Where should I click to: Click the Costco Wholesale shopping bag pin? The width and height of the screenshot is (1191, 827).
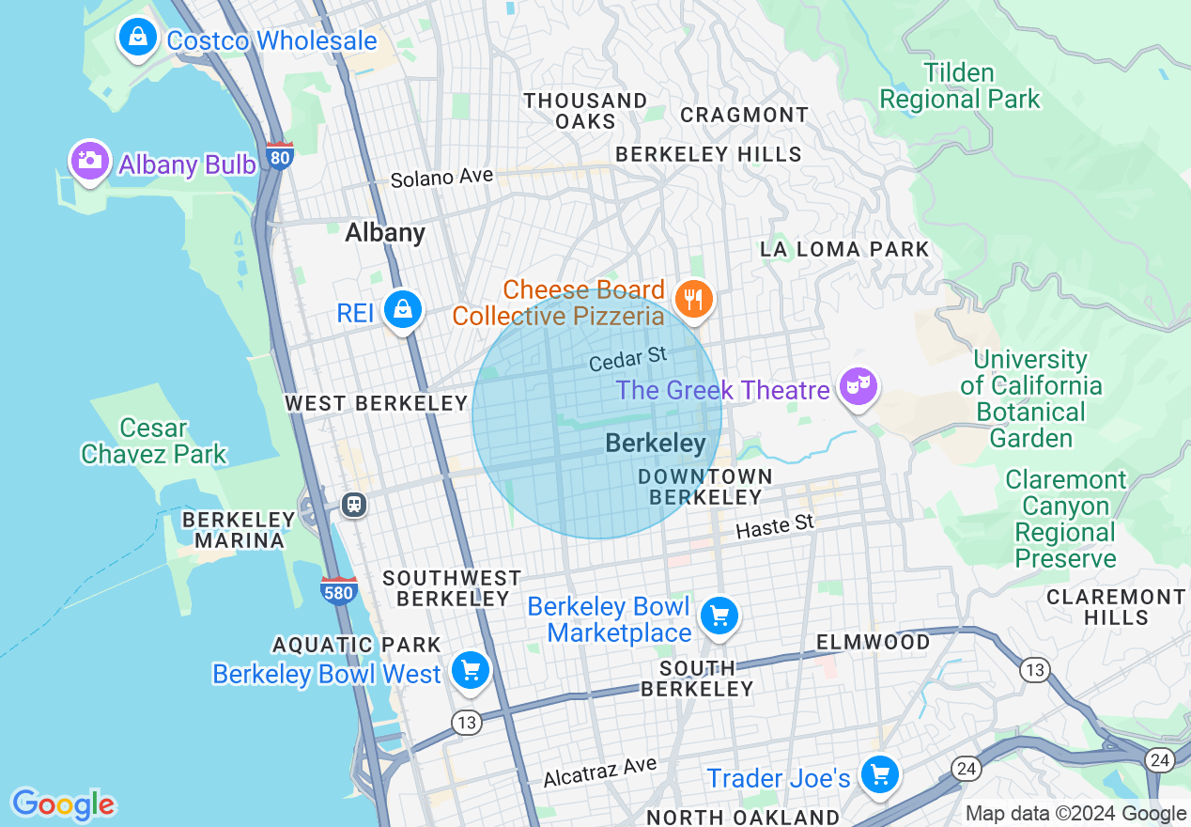pyautogui.click(x=138, y=38)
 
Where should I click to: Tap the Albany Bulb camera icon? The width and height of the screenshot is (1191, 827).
pyautogui.click(x=89, y=161)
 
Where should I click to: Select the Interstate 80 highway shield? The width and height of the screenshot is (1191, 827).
pyautogui.click(x=279, y=156)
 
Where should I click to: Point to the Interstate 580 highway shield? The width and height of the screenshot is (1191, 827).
pyautogui.click(x=337, y=591)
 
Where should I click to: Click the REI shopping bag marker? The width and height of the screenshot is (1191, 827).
pyautogui.click(x=403, y=308)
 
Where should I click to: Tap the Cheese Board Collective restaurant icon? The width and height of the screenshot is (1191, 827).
pyautogui.click(x=694, y=300)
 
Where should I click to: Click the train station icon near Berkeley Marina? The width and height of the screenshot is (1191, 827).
pyautogui.click(x=353, y=504)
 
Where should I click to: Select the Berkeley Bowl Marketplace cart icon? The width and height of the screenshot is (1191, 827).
pyautogui.click(x=719, y=616)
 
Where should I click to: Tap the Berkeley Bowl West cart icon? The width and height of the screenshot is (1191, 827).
pyautogui.click(x=471, y=671)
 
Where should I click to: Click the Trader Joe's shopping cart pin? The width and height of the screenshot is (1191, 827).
pyautogui.click(x=880, y=775)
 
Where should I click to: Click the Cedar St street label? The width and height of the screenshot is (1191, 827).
pyautogui.click(x=627, y=358)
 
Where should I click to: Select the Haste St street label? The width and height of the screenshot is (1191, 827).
pyautogui.click(x=774, y=527)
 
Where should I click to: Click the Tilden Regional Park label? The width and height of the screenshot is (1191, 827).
pyautogui.click(x=959, y=86)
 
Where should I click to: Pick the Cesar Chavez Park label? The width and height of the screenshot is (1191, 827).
pyautogui.click(x=154, y=442)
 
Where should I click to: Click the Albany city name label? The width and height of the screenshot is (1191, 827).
pyautogui.click(x=385, y=232)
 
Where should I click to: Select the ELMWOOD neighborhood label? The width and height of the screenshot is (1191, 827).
pyautogui.click(x=873, y=643)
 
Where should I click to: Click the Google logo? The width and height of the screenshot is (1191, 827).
pyautogui.click(x=63, y=804)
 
